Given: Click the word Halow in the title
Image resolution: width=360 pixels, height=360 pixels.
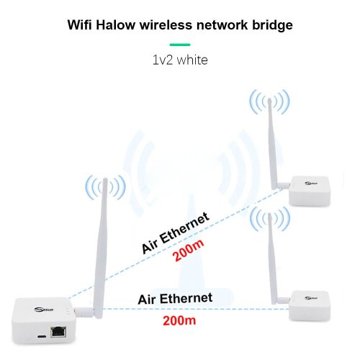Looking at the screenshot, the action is click(x=115, y=25).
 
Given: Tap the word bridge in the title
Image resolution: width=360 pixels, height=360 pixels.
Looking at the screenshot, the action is click(x=272, y=25).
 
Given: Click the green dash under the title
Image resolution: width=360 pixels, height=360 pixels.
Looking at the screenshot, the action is click(x=180, y=45).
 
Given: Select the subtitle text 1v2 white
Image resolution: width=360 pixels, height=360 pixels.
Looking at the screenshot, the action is click(x=180, y=60).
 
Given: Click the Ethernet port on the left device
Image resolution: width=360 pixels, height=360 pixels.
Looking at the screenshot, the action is click(x=58, y=332).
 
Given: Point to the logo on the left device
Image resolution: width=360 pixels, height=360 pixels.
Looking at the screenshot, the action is click(x=44, y=310).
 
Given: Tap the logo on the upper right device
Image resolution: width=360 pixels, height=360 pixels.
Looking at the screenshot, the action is click(x=311, y=184).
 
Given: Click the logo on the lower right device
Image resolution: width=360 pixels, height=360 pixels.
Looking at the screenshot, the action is click(x=311, y=298).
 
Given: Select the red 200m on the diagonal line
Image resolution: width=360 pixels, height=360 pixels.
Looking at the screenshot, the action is click(x=189, y=250).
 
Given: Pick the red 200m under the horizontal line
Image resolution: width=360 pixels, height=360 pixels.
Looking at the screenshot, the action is click(x=179, y=320).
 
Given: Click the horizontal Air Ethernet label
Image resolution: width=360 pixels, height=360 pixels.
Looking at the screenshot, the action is click(x=175, y=299).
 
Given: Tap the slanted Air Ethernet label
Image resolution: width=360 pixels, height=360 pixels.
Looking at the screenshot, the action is click(x=176, y=233).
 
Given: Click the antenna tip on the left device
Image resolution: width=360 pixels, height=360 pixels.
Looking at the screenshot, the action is click(x=105, y=179).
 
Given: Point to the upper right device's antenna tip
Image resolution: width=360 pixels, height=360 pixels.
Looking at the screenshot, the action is click(x=269, y=99).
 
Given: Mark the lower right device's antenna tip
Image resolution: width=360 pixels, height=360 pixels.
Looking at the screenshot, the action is click(x=269, y=214).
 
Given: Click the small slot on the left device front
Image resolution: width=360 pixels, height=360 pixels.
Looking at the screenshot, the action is click(x=42, y=336).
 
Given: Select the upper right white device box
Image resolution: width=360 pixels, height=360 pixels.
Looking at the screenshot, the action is click(x=310, y=191).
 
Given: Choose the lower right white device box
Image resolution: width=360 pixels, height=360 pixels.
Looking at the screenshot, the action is click(x=310, y=305).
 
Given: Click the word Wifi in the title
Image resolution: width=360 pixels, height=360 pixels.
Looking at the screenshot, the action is click(x=80, y=25).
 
